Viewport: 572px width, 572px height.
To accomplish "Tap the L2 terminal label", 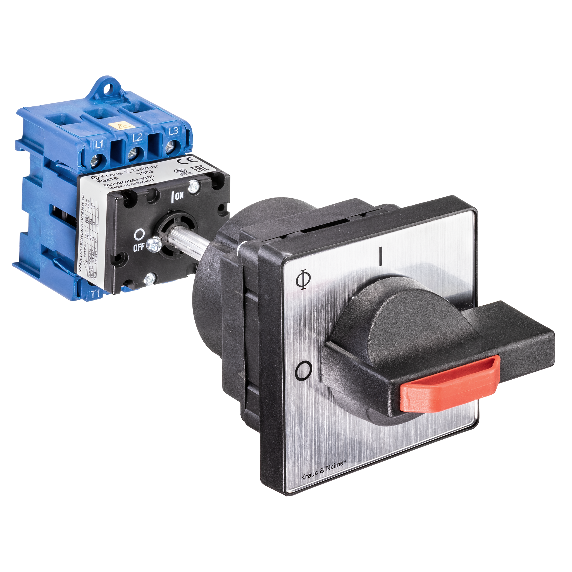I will pos(137,137).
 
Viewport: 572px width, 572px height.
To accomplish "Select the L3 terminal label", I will pos(173,130).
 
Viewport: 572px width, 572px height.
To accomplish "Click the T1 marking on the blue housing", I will pos(95,294).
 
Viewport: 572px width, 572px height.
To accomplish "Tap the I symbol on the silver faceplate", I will pos(380,256).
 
